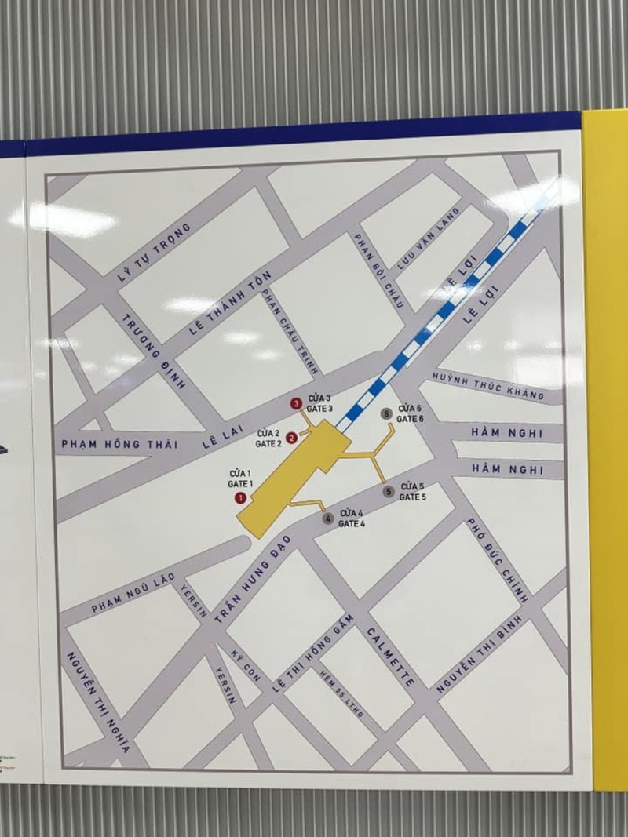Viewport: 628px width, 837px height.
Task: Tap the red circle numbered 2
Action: (x=291, y=438)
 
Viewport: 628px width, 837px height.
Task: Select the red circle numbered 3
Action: (x=296, y=404)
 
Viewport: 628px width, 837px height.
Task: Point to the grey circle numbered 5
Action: (x=389, y=492)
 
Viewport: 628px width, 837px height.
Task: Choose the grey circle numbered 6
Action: (x=385, y=413)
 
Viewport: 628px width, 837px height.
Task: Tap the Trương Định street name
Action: (x=154, y=351)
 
